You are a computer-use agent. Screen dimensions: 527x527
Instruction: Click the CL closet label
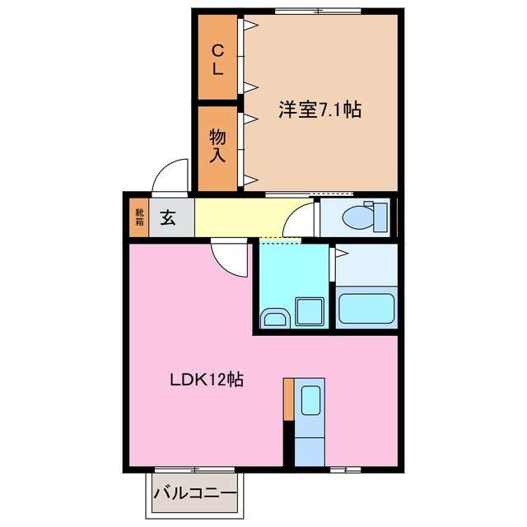click(217, 59)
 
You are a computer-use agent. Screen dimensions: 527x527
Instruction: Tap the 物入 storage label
click(217, 145)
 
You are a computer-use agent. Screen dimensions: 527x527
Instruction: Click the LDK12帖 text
click(206, 380)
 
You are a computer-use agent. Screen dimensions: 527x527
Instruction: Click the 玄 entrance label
click(168, 218)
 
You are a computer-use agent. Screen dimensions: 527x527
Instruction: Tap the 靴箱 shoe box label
click(139, 218)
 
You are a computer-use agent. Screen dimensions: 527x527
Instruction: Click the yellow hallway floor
click(239, 218)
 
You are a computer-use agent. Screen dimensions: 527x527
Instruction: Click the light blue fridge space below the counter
click(310, 449)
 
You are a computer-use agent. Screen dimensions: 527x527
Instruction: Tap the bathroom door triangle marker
click(339, 253)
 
